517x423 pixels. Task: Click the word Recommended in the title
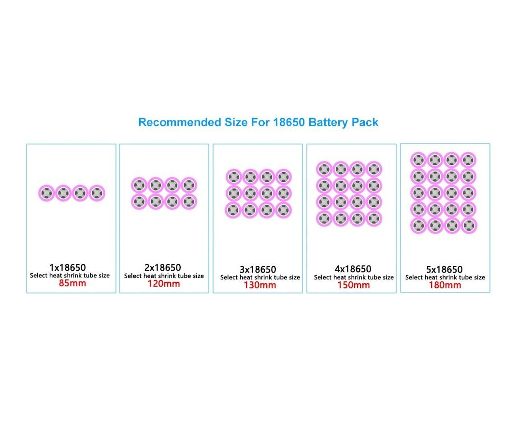180,122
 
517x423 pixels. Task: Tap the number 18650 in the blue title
289,122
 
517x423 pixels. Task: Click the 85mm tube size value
72,283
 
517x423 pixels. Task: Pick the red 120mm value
164,283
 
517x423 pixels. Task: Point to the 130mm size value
260,285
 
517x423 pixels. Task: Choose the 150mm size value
354,285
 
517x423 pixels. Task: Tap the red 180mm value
445,285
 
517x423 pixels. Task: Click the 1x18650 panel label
68,267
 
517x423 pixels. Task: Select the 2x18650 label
162,267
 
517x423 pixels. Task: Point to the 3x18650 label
258,269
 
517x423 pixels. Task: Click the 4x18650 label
353,269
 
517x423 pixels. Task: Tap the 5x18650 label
445,269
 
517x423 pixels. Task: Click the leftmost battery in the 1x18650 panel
46,193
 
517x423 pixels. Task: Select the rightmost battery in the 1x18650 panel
97,193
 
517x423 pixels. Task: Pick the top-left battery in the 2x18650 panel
139,185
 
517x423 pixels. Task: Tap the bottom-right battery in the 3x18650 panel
284,210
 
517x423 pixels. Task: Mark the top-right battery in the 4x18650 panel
374,170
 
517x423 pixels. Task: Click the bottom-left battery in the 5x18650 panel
419,226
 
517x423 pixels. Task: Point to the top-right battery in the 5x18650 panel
469,160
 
